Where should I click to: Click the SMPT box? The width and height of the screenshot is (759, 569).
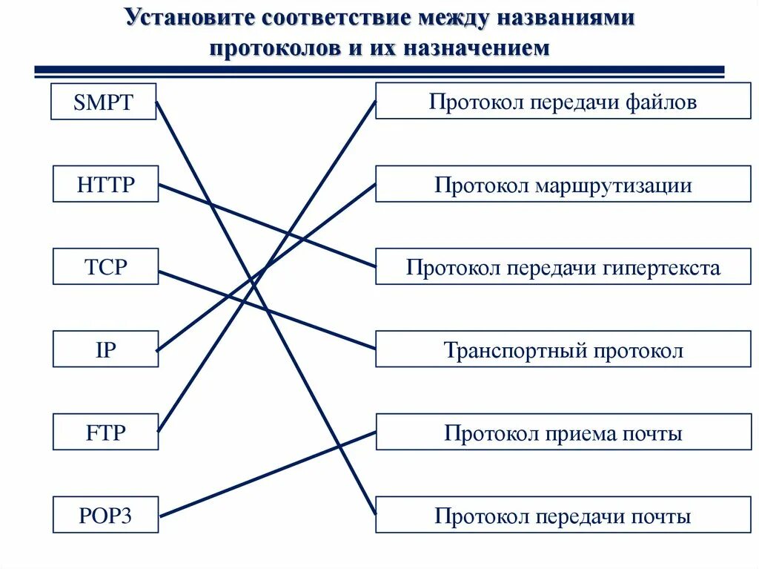tap(103, 102)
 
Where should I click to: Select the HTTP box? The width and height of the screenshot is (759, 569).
tap(105, 184)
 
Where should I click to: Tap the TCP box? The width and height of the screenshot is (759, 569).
tap(105, 266)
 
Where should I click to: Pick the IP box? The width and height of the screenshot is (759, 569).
tap(105, 349)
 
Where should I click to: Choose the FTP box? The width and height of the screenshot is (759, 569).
tap(105, 432)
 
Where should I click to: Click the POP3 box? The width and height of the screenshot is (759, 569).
tap(105, 515)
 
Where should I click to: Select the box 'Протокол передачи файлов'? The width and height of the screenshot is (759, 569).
tap(563, 101)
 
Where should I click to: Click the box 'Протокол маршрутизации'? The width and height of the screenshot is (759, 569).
tap(563, 184)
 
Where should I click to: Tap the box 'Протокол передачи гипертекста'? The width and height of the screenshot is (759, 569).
tap(563, 266)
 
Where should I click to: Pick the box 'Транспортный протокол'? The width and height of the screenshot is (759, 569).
tap(563, 349)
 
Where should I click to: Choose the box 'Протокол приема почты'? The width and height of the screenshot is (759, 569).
tap(563, 432)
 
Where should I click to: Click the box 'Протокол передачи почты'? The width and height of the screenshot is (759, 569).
tap(563, 515)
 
